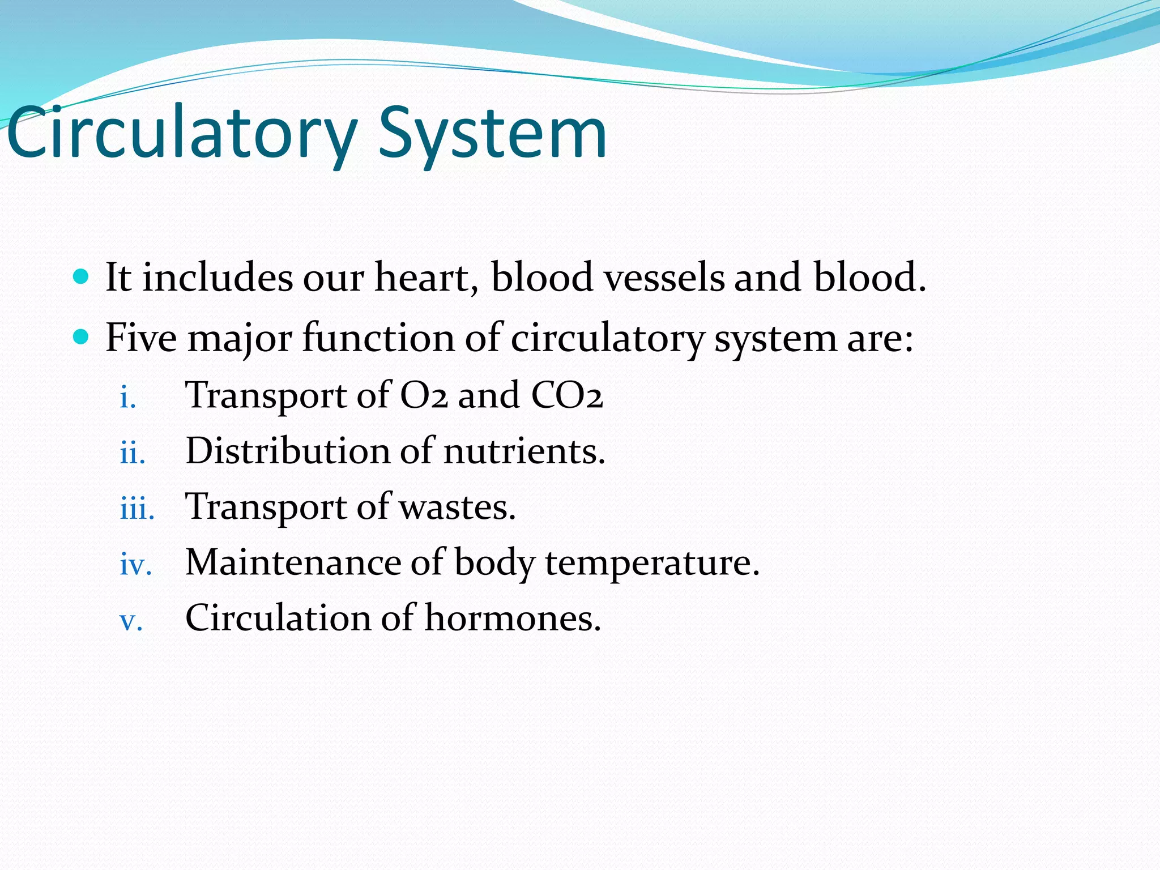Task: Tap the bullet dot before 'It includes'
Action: [82, 277]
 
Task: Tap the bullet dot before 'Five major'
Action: [82, 338]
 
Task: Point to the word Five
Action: [141, 338]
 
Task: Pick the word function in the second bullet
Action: [378, 338]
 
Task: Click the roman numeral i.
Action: [127, 398]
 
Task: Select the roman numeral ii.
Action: [133, 454]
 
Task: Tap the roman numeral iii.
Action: [137, 509]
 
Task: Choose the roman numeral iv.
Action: [136, 565]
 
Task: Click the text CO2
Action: [566, 395]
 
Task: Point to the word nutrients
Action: [524, 451]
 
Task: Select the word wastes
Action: [458, 507]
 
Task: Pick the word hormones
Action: [512, 618]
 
